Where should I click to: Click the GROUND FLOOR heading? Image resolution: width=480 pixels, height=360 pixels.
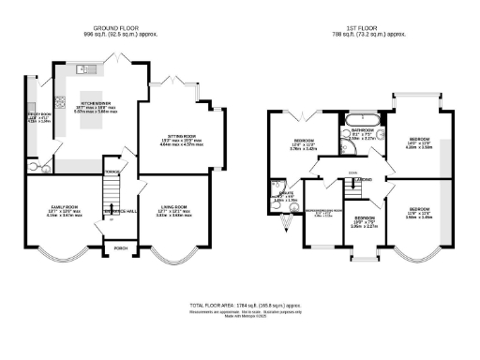(x=117, y=29)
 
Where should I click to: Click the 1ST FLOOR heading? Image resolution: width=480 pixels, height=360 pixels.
(x=363, y=29)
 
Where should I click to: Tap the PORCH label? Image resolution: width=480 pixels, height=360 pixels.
(x=120, y=248)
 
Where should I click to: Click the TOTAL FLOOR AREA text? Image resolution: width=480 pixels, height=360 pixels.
(x=244, y=307)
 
